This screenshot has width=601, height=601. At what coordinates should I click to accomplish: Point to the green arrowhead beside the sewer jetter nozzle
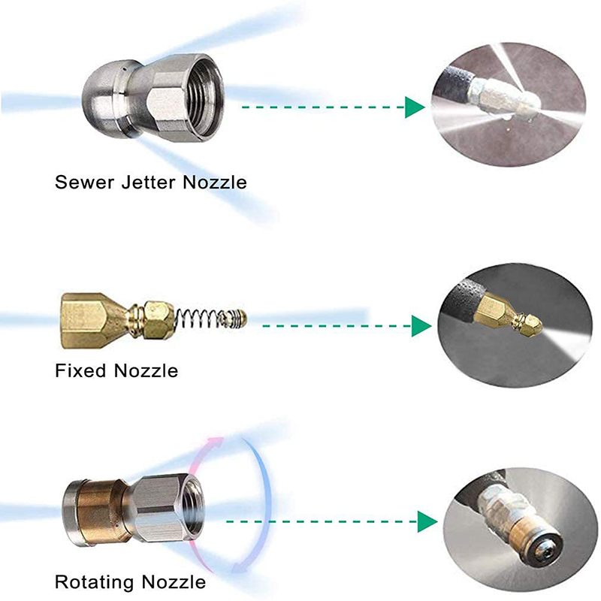412,107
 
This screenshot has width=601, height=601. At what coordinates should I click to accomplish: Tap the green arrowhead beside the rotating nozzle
427,521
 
